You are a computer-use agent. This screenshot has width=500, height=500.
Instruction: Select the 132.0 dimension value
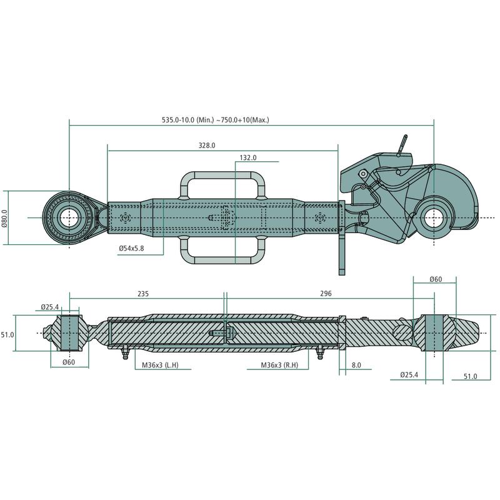pos(248,159)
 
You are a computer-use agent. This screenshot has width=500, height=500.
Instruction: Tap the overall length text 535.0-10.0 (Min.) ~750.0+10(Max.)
pos(215,119)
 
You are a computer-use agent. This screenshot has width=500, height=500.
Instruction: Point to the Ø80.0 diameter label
pos(5,218)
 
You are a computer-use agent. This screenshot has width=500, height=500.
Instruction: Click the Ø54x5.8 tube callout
pos(131,249)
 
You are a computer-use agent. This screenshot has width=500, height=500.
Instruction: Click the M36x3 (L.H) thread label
pos(156,364)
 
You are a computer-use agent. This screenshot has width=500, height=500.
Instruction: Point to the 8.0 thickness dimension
pos(356,364)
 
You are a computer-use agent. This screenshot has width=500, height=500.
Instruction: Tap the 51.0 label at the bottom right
pos(470,376)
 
